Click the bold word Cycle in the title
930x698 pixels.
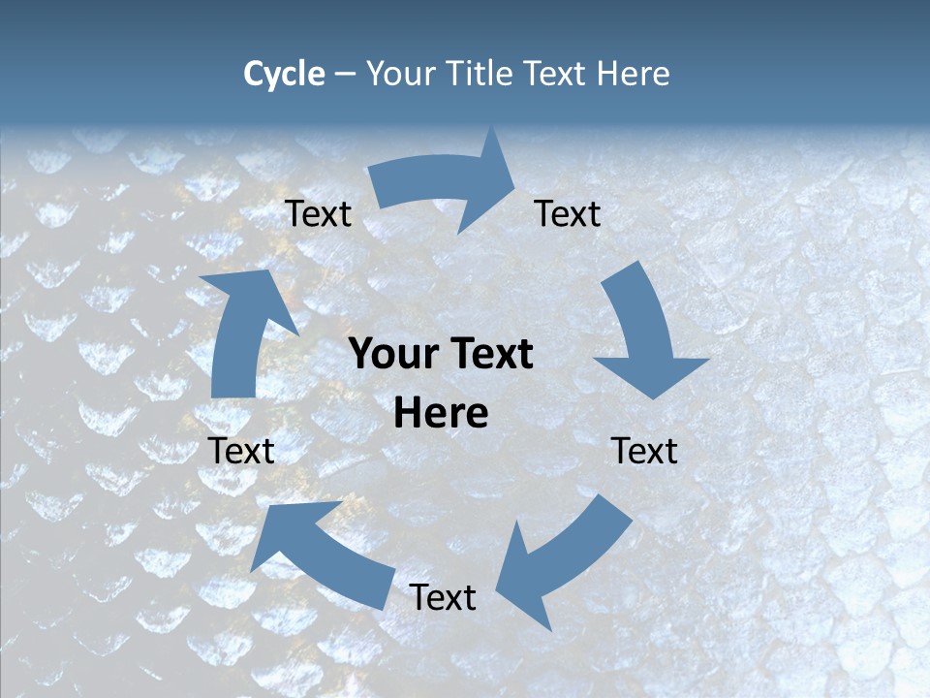coord(284,74)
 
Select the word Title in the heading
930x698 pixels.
coord(480,74)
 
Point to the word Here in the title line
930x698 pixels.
coord(634,74)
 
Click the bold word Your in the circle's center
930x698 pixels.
coord(388,354)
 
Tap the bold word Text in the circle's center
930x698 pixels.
coord(486,354)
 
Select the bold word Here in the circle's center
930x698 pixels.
coord(441,414)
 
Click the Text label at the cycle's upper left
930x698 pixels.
coord(318,214)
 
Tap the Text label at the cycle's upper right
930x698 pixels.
coord(568,214)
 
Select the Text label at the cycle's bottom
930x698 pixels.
coord(443,598)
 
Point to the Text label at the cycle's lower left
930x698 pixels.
coord(242,451)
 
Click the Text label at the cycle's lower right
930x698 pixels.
coord(644,451)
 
